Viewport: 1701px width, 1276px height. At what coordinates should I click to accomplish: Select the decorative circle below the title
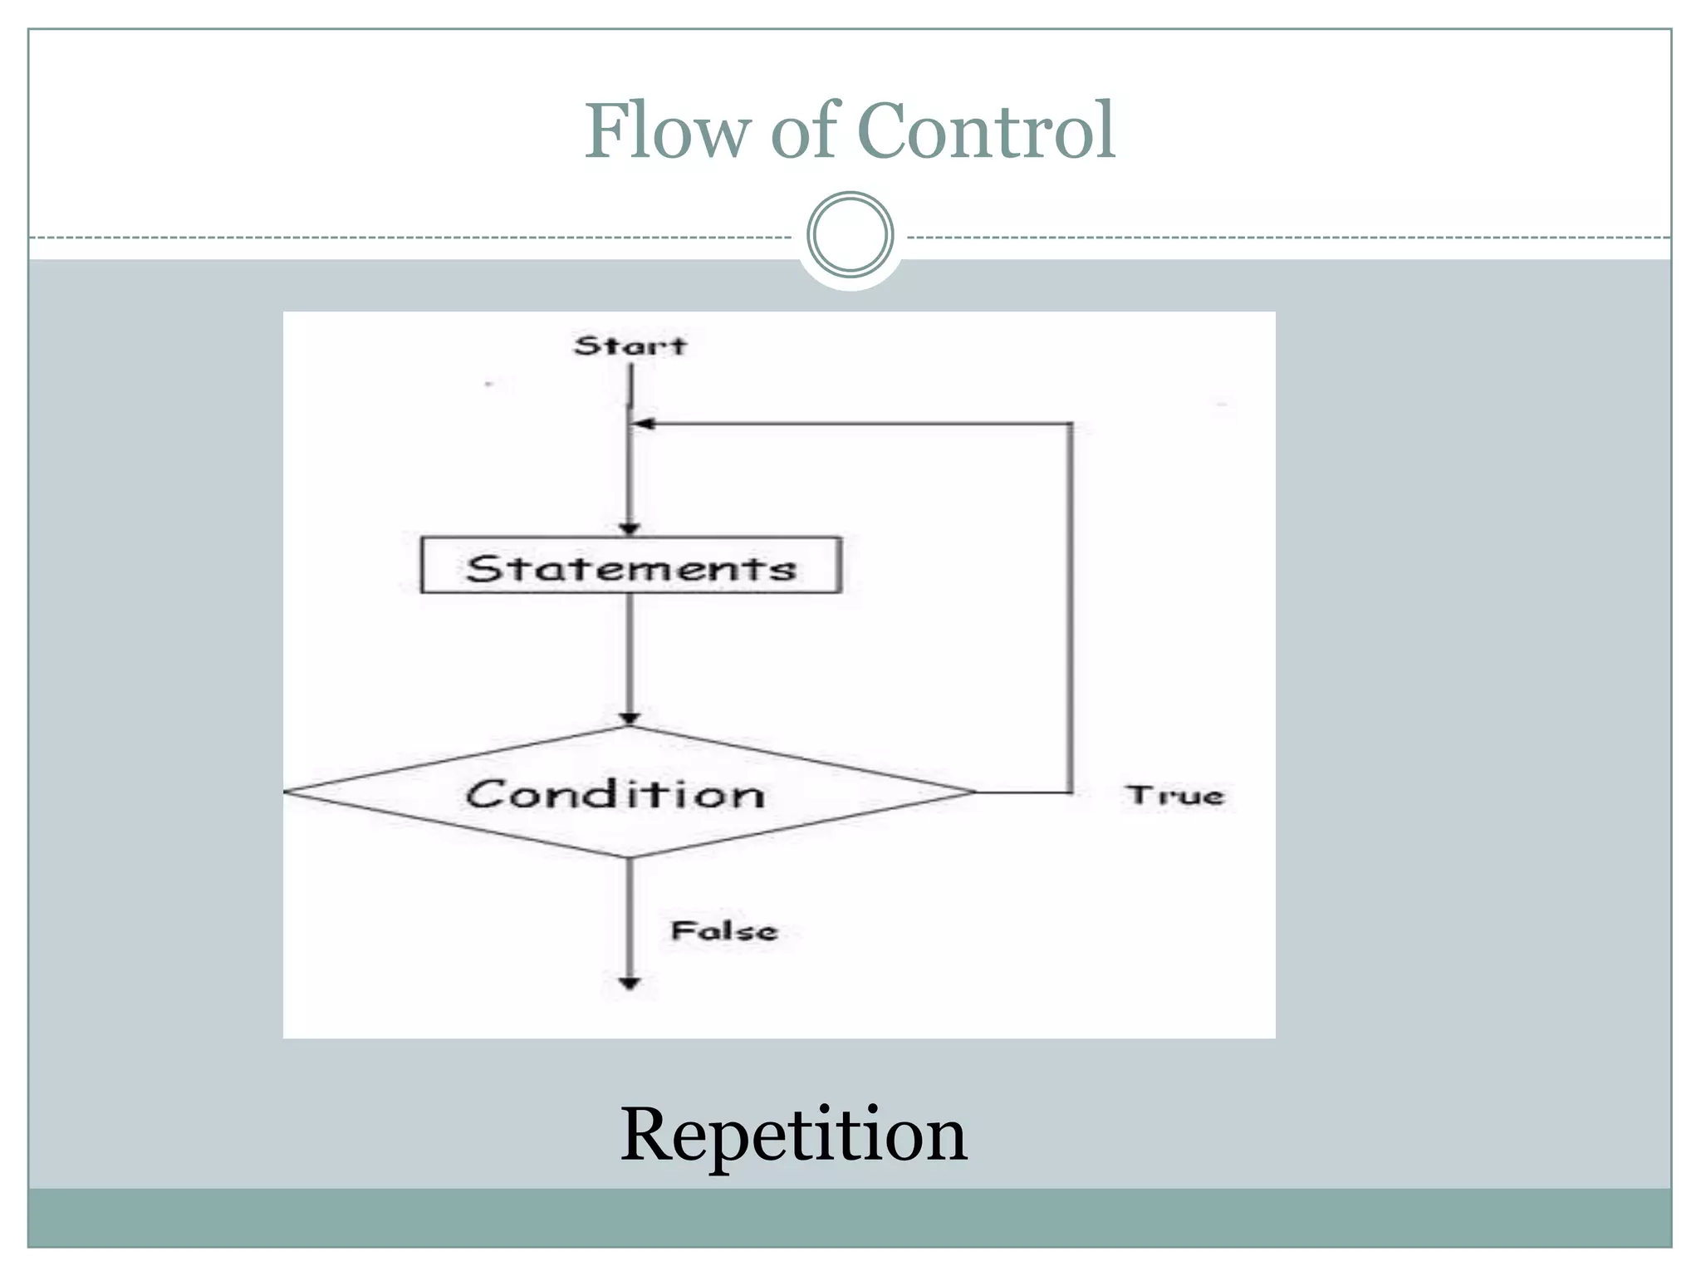850,235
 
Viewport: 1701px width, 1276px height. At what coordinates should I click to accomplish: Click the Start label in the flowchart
630,346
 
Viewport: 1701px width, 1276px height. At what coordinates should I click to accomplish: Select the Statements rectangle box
631,566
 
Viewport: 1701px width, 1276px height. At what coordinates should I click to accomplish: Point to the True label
1175,795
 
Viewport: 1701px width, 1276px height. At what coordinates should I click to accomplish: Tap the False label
723,930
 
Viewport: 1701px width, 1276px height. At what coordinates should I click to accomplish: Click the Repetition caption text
793,1135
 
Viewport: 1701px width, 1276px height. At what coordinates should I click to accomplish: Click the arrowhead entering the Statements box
630,529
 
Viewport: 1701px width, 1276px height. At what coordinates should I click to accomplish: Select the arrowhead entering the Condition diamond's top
630,719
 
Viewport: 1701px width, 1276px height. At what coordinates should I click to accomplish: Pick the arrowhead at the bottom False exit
630,984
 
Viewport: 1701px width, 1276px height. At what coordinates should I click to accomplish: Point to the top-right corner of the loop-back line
1070,424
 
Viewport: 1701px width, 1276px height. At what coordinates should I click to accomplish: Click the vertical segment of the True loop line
1070,606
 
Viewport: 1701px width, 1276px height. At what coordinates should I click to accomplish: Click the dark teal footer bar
850,1217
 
